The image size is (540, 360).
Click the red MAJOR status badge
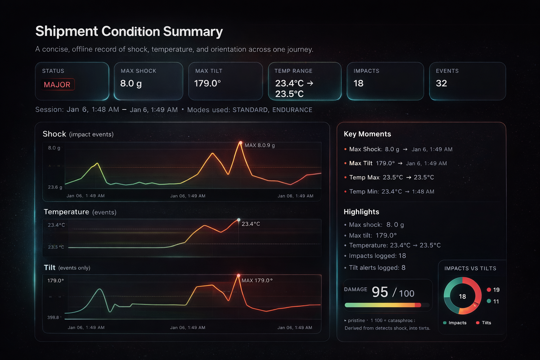(57, 85)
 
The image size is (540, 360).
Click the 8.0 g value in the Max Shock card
(131, 83)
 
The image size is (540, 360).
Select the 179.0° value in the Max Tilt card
(207, 83)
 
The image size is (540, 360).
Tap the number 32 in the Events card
(441, 83)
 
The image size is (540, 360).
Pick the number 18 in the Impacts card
(358, 83)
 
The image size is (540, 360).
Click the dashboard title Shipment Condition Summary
(129, 31)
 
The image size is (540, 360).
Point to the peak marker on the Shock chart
(240, 143)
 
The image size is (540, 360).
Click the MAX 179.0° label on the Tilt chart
(257, 281)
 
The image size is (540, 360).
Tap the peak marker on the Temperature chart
(239, 220)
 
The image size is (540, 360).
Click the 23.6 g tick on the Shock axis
(55, 187)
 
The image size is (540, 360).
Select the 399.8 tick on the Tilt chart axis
(53, 317)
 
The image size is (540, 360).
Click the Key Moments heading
(367, 134)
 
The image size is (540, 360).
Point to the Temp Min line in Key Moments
(391, 192)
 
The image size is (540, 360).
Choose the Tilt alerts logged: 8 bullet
(377, 268)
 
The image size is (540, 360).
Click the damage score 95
(380, 292)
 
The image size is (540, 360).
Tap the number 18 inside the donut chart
(462, 296)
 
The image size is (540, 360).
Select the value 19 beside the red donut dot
(496, 290)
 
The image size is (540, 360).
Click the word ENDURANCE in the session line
(292, 110)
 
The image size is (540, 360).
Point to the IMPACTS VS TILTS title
(470, 269)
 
